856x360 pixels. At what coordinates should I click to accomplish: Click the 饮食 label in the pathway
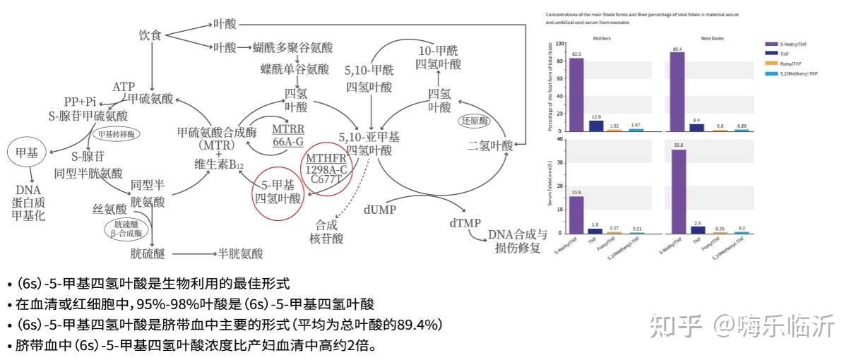(x=150, y=35)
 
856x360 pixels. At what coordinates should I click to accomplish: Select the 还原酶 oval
(x=475, y=121)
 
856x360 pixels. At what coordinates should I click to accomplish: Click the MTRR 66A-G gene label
(x=287, y=134)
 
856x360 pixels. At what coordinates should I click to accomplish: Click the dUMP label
(x=380, y=210)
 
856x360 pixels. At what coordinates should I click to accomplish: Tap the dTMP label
(x=465, y=223)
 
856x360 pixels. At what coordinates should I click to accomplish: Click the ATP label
(x=124, y=87)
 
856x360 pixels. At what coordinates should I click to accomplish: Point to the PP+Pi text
(x=80, y=101)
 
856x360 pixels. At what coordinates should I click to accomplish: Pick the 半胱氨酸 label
(x=240, y=253)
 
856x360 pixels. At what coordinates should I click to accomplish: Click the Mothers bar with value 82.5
(x=576, y=94)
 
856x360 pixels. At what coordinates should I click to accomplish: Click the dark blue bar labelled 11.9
(x=596, y=126)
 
